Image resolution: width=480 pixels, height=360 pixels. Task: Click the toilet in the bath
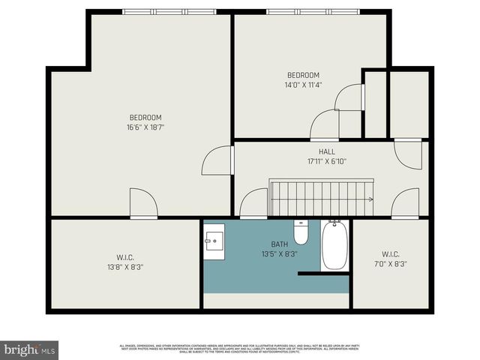tap(301, 233)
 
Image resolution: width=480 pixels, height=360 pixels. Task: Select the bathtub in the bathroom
tap(334, 245)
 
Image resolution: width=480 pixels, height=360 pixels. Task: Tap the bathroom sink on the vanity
tap(214, 241)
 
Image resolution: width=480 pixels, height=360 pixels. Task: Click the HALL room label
tap(327, 151)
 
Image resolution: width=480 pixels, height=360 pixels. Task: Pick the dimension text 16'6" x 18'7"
tap(145, 127)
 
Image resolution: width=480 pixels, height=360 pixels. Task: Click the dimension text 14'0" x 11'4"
tap(304, 85)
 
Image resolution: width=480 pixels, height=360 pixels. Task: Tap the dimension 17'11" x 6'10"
tap(327, 160)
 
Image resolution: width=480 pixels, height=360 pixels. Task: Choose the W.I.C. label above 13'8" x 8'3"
tap(125, 257)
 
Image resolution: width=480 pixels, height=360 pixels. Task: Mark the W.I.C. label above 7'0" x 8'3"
tap(390, 253)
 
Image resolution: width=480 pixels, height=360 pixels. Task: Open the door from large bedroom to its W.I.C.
tap(143, 203)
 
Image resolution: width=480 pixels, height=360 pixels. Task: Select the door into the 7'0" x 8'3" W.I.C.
tap(405, 203)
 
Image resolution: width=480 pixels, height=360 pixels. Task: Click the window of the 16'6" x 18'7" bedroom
tap(169, 12)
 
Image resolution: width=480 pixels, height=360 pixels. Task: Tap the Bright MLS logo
tap(29, 349)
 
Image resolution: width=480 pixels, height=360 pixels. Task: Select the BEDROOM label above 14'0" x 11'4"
tap(304, 75)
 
